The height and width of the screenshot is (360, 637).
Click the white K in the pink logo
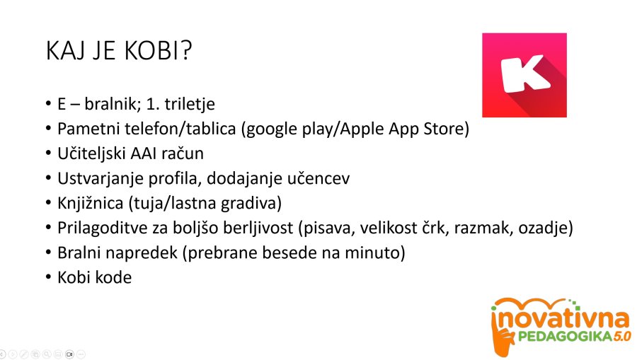[524, 74]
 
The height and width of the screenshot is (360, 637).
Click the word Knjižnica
[90, 203]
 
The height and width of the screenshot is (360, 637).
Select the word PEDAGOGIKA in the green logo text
[565, 336]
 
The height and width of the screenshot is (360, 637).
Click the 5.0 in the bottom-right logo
[622, 336]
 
